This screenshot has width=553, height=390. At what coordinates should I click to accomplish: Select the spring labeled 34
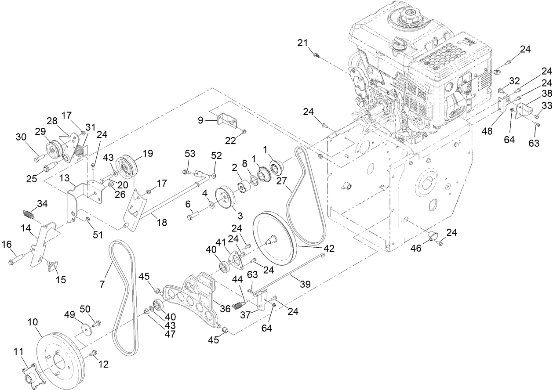pyautogui.click(x=29, y=216)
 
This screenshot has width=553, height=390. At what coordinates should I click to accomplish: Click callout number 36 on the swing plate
pyautogui.click(x=225, y=309)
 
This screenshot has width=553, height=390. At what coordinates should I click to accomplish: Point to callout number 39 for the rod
pyautogui.click(x=305, y=284)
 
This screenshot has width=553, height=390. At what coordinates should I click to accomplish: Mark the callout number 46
pyautogui.click(x=416, y=249)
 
